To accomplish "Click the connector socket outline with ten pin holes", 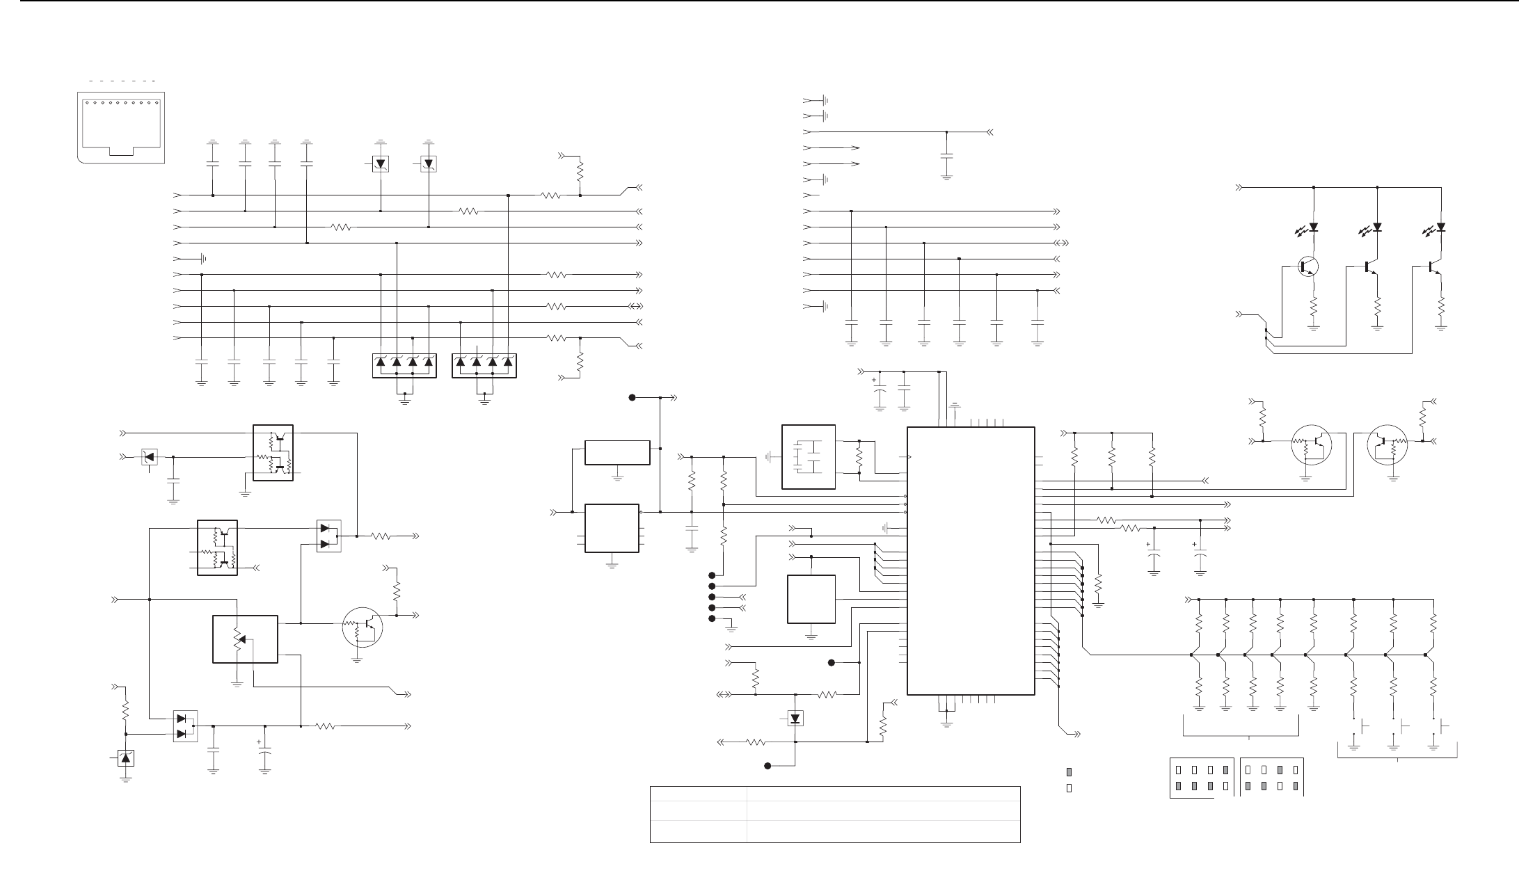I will point(120,126).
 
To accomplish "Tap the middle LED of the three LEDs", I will point(1377,227).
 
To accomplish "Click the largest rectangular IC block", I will point(971,560).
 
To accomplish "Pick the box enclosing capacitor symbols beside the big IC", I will point(809,457).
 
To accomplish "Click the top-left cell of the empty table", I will point(698,796).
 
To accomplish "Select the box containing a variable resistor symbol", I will point(244,639).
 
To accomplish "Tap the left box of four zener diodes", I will point(404,366).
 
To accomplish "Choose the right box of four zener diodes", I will point(484,366).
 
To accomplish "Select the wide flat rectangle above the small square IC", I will point(617,452).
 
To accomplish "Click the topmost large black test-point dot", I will point(633,398).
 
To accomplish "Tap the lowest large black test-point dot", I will point(768,766).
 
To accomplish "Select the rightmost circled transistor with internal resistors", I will point(1387,447).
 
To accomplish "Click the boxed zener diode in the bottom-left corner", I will point(125,758).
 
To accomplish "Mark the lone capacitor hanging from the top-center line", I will point(946,159).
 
